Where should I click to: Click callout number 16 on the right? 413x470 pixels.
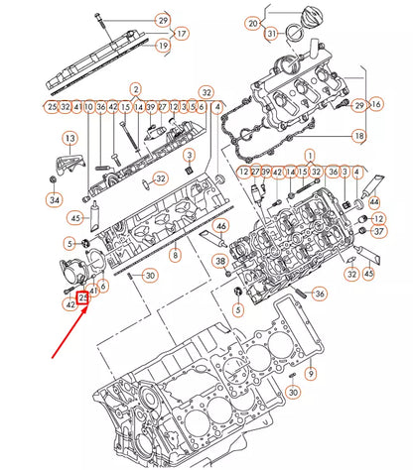point(375,103)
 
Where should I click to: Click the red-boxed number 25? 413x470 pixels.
point(84,296)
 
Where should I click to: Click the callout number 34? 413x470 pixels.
point(53,199)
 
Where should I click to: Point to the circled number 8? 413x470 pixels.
point(175,256)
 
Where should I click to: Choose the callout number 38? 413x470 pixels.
point(219,262)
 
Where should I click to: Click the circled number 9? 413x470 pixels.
point(310,374)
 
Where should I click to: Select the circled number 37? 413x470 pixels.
point(377,231)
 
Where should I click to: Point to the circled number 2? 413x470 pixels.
point(135,89)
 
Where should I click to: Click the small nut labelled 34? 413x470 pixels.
point(53,178)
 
